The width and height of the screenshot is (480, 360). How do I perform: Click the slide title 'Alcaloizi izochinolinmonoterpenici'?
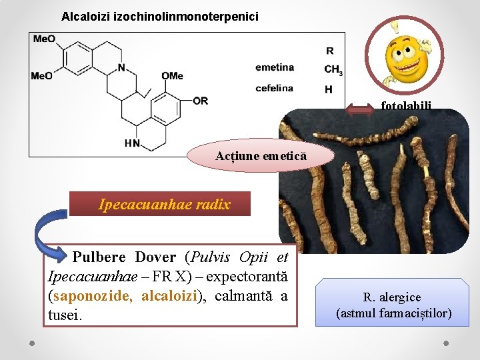(x=160, y=16)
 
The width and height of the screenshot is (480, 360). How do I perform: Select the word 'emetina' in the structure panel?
(x=274, y=67)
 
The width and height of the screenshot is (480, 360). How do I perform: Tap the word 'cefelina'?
(x=274, y=88)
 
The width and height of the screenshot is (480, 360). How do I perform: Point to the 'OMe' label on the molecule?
(x=172, y=76)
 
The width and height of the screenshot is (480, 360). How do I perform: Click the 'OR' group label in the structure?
(x=200, y=101)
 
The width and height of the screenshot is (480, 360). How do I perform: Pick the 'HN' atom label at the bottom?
(x=133, y=143)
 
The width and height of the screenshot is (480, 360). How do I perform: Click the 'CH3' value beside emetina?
(x=333, y=69)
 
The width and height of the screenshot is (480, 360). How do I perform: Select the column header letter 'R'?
(x=330, y=50)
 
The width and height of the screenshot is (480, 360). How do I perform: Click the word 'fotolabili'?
(x=406, y=105)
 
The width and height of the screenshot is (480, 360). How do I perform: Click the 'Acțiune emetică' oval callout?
(x=261, y=156)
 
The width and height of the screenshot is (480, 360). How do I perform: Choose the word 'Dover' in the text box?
(x=155, y=257)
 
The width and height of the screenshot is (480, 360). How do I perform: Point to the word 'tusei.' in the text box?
(x=65, y=314)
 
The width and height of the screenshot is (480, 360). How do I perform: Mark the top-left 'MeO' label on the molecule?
(x=45, y=39)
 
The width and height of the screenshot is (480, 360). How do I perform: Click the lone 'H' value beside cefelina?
(x=329, y=89)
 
